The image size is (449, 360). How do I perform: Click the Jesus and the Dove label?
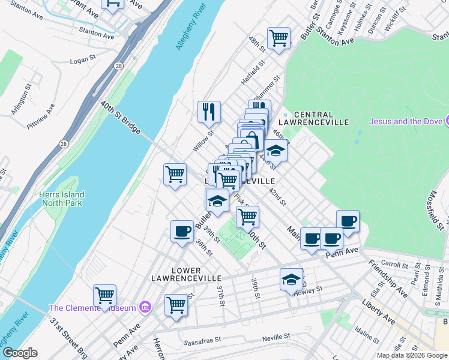coord(405,121)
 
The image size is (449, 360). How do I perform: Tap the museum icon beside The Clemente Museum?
coord(145,308)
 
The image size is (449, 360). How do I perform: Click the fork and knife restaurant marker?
coord(209,111)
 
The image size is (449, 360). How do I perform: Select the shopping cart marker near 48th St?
coord(279,38)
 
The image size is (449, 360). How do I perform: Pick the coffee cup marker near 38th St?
coord(182,231)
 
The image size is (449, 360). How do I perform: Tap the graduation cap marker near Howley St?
coord(291,279)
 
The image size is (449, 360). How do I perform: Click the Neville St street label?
coord(276,338)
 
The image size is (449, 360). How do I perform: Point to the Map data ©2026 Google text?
coord(411,355)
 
